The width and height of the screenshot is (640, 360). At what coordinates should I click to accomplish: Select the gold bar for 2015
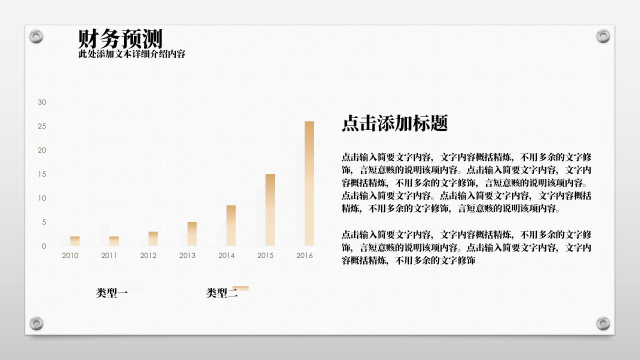point(270,209)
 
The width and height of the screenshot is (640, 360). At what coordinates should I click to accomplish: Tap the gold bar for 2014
point(231,225)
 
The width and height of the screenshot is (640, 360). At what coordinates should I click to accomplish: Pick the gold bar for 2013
point(192,233)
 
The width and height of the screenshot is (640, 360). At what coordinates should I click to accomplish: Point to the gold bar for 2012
point(153,238)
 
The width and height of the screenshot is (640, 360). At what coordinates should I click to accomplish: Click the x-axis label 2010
point(70,255)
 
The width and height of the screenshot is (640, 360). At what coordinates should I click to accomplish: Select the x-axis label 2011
point(109,255)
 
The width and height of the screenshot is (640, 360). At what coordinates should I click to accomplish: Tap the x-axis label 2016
point(304,255)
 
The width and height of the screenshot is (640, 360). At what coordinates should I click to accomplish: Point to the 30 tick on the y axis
point(42,102)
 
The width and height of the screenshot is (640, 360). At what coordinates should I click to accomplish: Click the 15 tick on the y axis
point(42,174)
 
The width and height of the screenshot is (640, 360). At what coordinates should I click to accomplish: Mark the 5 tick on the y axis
point(43,222)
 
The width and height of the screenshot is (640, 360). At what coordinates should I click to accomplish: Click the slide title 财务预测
point(120,38)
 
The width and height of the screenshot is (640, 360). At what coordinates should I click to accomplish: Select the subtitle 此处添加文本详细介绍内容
point(132,54)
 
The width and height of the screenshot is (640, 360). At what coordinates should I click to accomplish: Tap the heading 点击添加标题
point(394,123)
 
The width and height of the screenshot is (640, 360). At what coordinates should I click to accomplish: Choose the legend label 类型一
point(112,293)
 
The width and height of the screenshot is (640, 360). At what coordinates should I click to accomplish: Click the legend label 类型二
point(222,293)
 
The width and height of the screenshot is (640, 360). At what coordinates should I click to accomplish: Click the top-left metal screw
point(36,36)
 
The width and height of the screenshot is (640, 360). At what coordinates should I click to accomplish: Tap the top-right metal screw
point(603,36)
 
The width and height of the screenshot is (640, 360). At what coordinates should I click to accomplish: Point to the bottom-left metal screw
point(36,323)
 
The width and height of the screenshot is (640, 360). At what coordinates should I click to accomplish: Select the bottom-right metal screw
point(603,323)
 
